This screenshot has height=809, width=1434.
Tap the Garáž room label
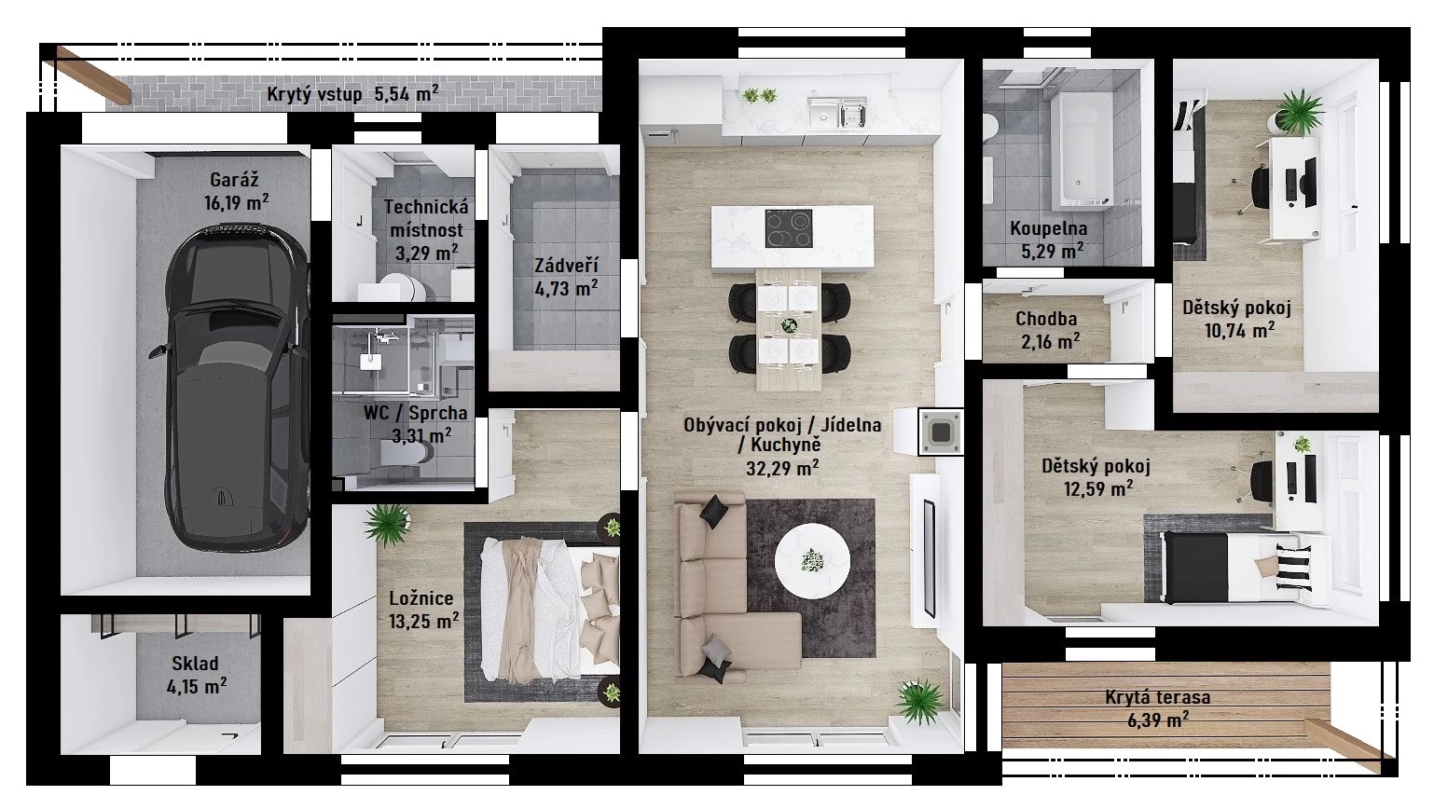(234, 181)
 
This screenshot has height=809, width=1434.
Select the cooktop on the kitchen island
(789, 228)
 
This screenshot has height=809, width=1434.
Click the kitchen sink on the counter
(836, 114)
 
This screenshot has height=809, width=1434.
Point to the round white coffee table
(812, 561)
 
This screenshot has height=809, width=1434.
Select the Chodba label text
(1046, 319)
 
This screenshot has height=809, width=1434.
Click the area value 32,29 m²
(782, 469)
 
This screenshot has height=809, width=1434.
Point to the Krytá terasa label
(1157, 697)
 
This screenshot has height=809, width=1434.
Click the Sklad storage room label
(195, 663)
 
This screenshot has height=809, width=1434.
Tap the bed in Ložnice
(550, 610)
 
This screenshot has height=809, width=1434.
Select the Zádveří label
(566, 265)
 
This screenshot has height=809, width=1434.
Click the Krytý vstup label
(314, 94)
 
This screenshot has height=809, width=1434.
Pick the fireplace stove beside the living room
(941, 432)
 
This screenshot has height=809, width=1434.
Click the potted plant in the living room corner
(920, 702)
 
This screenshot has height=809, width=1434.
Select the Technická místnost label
(426, 218)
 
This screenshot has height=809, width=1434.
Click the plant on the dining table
(790, 325)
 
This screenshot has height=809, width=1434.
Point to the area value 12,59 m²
(1098, 489)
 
